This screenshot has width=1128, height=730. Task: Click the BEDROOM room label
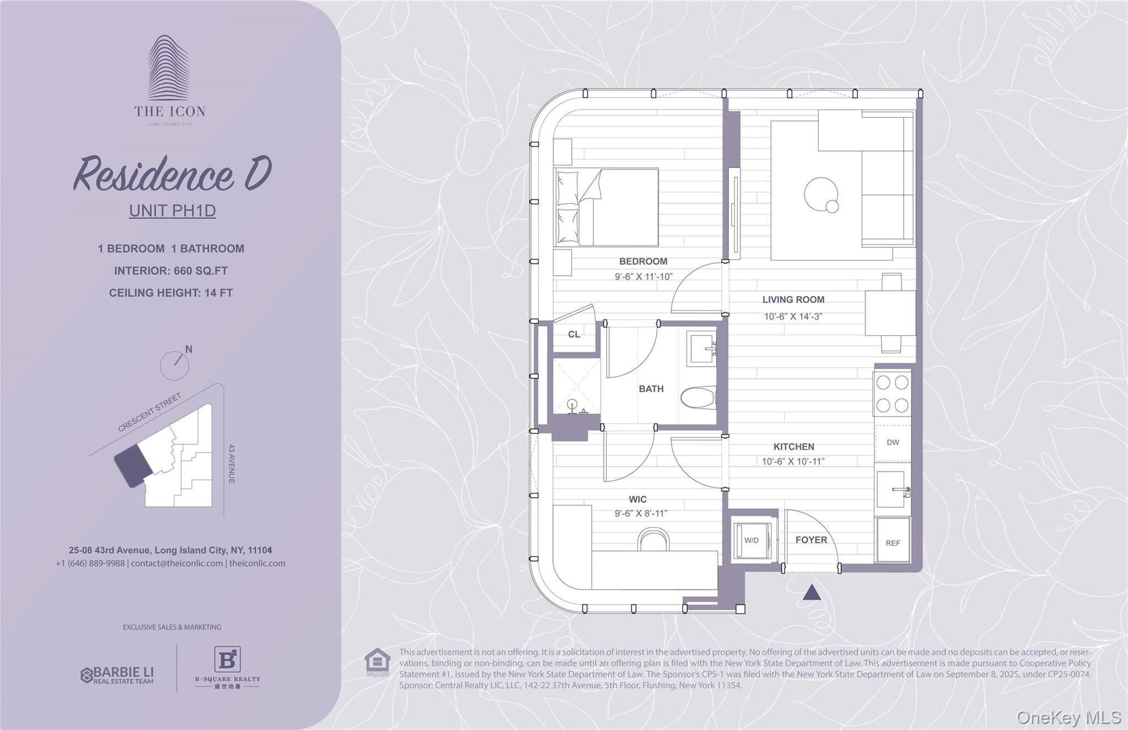643,261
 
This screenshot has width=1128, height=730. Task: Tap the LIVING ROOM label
793,300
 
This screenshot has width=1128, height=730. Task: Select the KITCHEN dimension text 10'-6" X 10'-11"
793,462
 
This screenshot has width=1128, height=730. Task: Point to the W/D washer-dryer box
752,540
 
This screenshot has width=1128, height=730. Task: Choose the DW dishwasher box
893,443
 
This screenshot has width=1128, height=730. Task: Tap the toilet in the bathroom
698,397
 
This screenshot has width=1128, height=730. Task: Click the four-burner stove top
892,393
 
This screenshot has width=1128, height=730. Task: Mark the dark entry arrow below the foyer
812,593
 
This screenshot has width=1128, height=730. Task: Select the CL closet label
574,334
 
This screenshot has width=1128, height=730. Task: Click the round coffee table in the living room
821,194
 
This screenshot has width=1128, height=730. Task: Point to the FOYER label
811,540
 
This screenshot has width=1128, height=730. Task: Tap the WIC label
638,500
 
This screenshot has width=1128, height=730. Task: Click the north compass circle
174,366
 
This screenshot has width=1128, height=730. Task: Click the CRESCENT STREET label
149,413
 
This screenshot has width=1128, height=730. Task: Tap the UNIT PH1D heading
172,211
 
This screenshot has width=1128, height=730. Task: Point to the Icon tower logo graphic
169,68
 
